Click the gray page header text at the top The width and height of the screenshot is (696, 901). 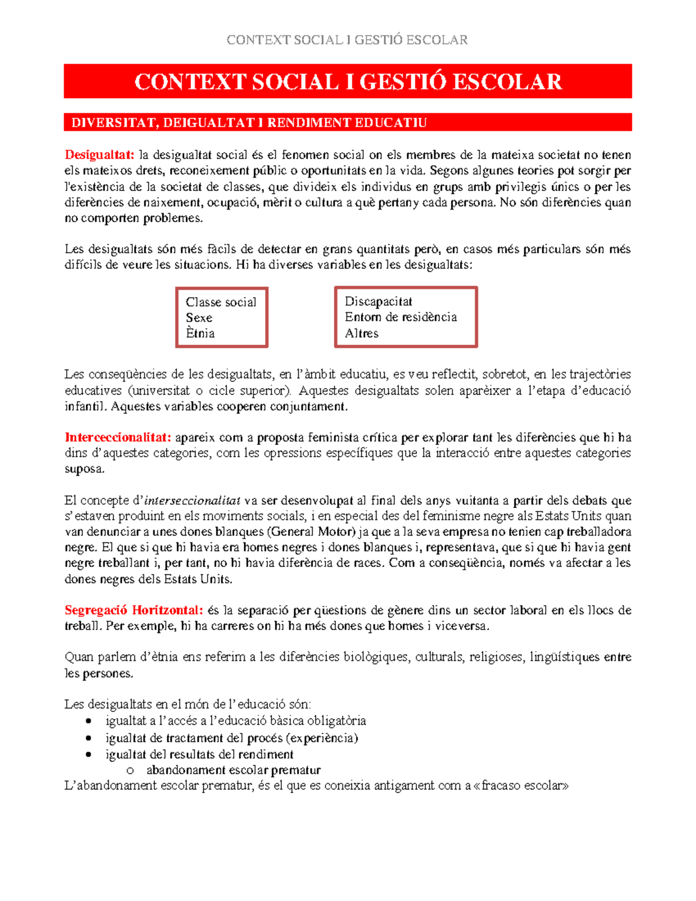(x=347, y=40)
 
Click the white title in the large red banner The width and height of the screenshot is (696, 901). (x=348, y=82)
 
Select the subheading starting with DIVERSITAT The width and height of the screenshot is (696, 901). (x=249, y=122)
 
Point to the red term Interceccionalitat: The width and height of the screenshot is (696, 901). (x=118, y=437)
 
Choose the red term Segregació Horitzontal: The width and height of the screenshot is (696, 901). (x=134, y=610)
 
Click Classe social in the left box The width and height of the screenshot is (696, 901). (x=221, y=302)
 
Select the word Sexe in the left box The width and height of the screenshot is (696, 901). (x=199, y=318)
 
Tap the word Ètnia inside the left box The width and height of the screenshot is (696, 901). (x=200, y=334)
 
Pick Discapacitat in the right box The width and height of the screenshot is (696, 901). (x=378, y=302)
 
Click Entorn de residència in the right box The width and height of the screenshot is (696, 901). (x=401, y=317)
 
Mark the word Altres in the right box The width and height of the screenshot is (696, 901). (x=361, y=334)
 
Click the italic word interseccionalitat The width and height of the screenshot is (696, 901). (x=192, y=501)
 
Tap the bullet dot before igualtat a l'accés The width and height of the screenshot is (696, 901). (x=89, y=722)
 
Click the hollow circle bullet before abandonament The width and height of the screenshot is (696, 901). (x=130, y=770)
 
